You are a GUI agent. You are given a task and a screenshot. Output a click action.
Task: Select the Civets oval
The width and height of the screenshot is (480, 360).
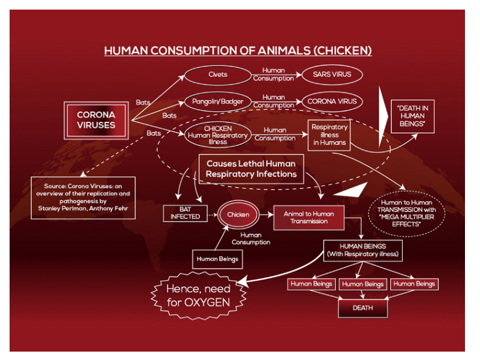[217, 75]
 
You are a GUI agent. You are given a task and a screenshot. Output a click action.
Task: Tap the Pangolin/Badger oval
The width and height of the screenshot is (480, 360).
[218, 101]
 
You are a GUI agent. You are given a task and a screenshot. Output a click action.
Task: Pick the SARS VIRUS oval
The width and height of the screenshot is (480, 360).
[332, 75]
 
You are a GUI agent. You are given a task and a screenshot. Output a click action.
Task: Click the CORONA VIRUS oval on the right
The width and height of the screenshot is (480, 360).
[332, 101]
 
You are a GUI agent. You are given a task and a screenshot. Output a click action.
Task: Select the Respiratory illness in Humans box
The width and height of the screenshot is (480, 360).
[329, 135]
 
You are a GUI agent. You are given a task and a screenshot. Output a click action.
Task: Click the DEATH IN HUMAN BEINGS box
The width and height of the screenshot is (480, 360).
[412, 116]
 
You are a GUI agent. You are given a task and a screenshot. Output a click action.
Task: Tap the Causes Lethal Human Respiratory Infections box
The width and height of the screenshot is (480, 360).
[251, 169]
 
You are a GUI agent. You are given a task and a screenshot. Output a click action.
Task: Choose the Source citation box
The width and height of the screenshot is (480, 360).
[83, 197]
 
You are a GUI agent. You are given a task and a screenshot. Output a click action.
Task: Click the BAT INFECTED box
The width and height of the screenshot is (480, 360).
[185, 213]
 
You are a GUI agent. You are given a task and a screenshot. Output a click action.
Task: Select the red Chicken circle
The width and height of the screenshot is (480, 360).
[238, 214]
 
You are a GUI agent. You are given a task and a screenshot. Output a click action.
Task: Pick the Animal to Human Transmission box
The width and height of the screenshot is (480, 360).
[309, 217]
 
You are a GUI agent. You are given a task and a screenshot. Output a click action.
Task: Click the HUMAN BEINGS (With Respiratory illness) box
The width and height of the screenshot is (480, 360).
[363, 251]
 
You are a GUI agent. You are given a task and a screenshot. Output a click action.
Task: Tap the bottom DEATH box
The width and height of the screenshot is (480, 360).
[362, 308]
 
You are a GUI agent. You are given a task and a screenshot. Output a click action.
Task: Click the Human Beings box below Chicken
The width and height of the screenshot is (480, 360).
[217, 259]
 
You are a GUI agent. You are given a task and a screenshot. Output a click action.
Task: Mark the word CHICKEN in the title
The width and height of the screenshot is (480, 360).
[344, 51]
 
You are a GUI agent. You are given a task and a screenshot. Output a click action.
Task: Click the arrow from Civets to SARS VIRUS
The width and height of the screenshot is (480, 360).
[274, 75]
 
